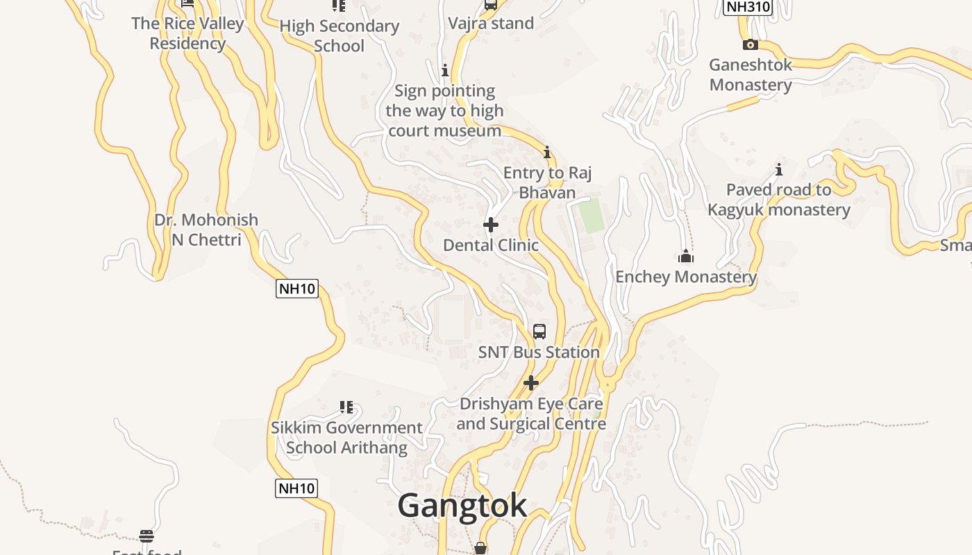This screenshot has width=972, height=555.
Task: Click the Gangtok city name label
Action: click(462, 506)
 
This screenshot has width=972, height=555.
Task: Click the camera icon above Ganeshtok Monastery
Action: click(750, 45)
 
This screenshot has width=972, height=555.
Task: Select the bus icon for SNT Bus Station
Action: click(539, 331)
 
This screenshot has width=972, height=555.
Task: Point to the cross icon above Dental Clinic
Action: click(491, 225)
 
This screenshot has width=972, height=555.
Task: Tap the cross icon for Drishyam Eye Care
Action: click(531, 383)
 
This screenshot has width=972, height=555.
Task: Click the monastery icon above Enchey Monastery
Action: click(686, 257)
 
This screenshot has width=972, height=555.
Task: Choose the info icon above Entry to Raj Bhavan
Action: click(547, 152)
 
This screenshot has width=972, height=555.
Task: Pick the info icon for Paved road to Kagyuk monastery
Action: click(779, 169)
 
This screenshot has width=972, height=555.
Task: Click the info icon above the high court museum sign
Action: click(445, 70)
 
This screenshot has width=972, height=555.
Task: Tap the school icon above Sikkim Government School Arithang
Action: click(346, 407)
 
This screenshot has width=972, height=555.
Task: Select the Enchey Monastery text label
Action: click(686, 277)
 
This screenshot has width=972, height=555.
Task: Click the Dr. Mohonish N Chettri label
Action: click(206, 230)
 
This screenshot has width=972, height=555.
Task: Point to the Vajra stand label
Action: click(491, 24)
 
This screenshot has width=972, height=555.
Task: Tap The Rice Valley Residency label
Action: click(187, 33)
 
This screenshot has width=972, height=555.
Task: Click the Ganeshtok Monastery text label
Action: click(751, 75)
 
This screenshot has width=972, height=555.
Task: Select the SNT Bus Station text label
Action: click(539, 352)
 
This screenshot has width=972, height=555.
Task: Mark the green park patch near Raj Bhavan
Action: click(592, 215)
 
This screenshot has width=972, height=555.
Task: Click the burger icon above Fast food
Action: click(146, 536)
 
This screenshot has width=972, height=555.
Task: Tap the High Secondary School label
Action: click(339, 36)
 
